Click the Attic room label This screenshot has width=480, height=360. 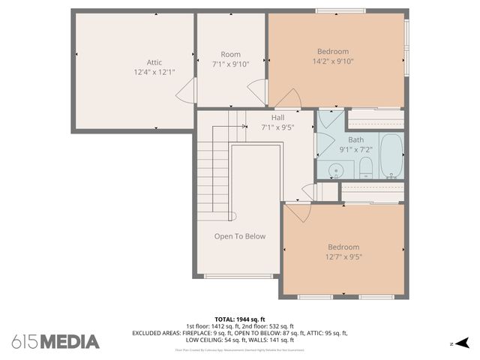point(154,62)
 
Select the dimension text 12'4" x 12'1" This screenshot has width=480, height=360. point(154,72)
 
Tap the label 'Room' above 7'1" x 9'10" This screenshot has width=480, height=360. point(230,54)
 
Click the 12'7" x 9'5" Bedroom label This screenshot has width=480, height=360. point(343,247)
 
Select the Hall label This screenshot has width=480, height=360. point(277,118)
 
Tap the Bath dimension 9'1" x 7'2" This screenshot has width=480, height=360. point(355,149)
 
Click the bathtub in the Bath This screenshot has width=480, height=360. point(391,155)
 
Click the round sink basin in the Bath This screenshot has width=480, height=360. point(337,171)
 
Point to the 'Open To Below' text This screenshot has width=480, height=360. point(240,236)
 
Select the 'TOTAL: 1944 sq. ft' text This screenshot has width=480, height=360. point(240,319)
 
